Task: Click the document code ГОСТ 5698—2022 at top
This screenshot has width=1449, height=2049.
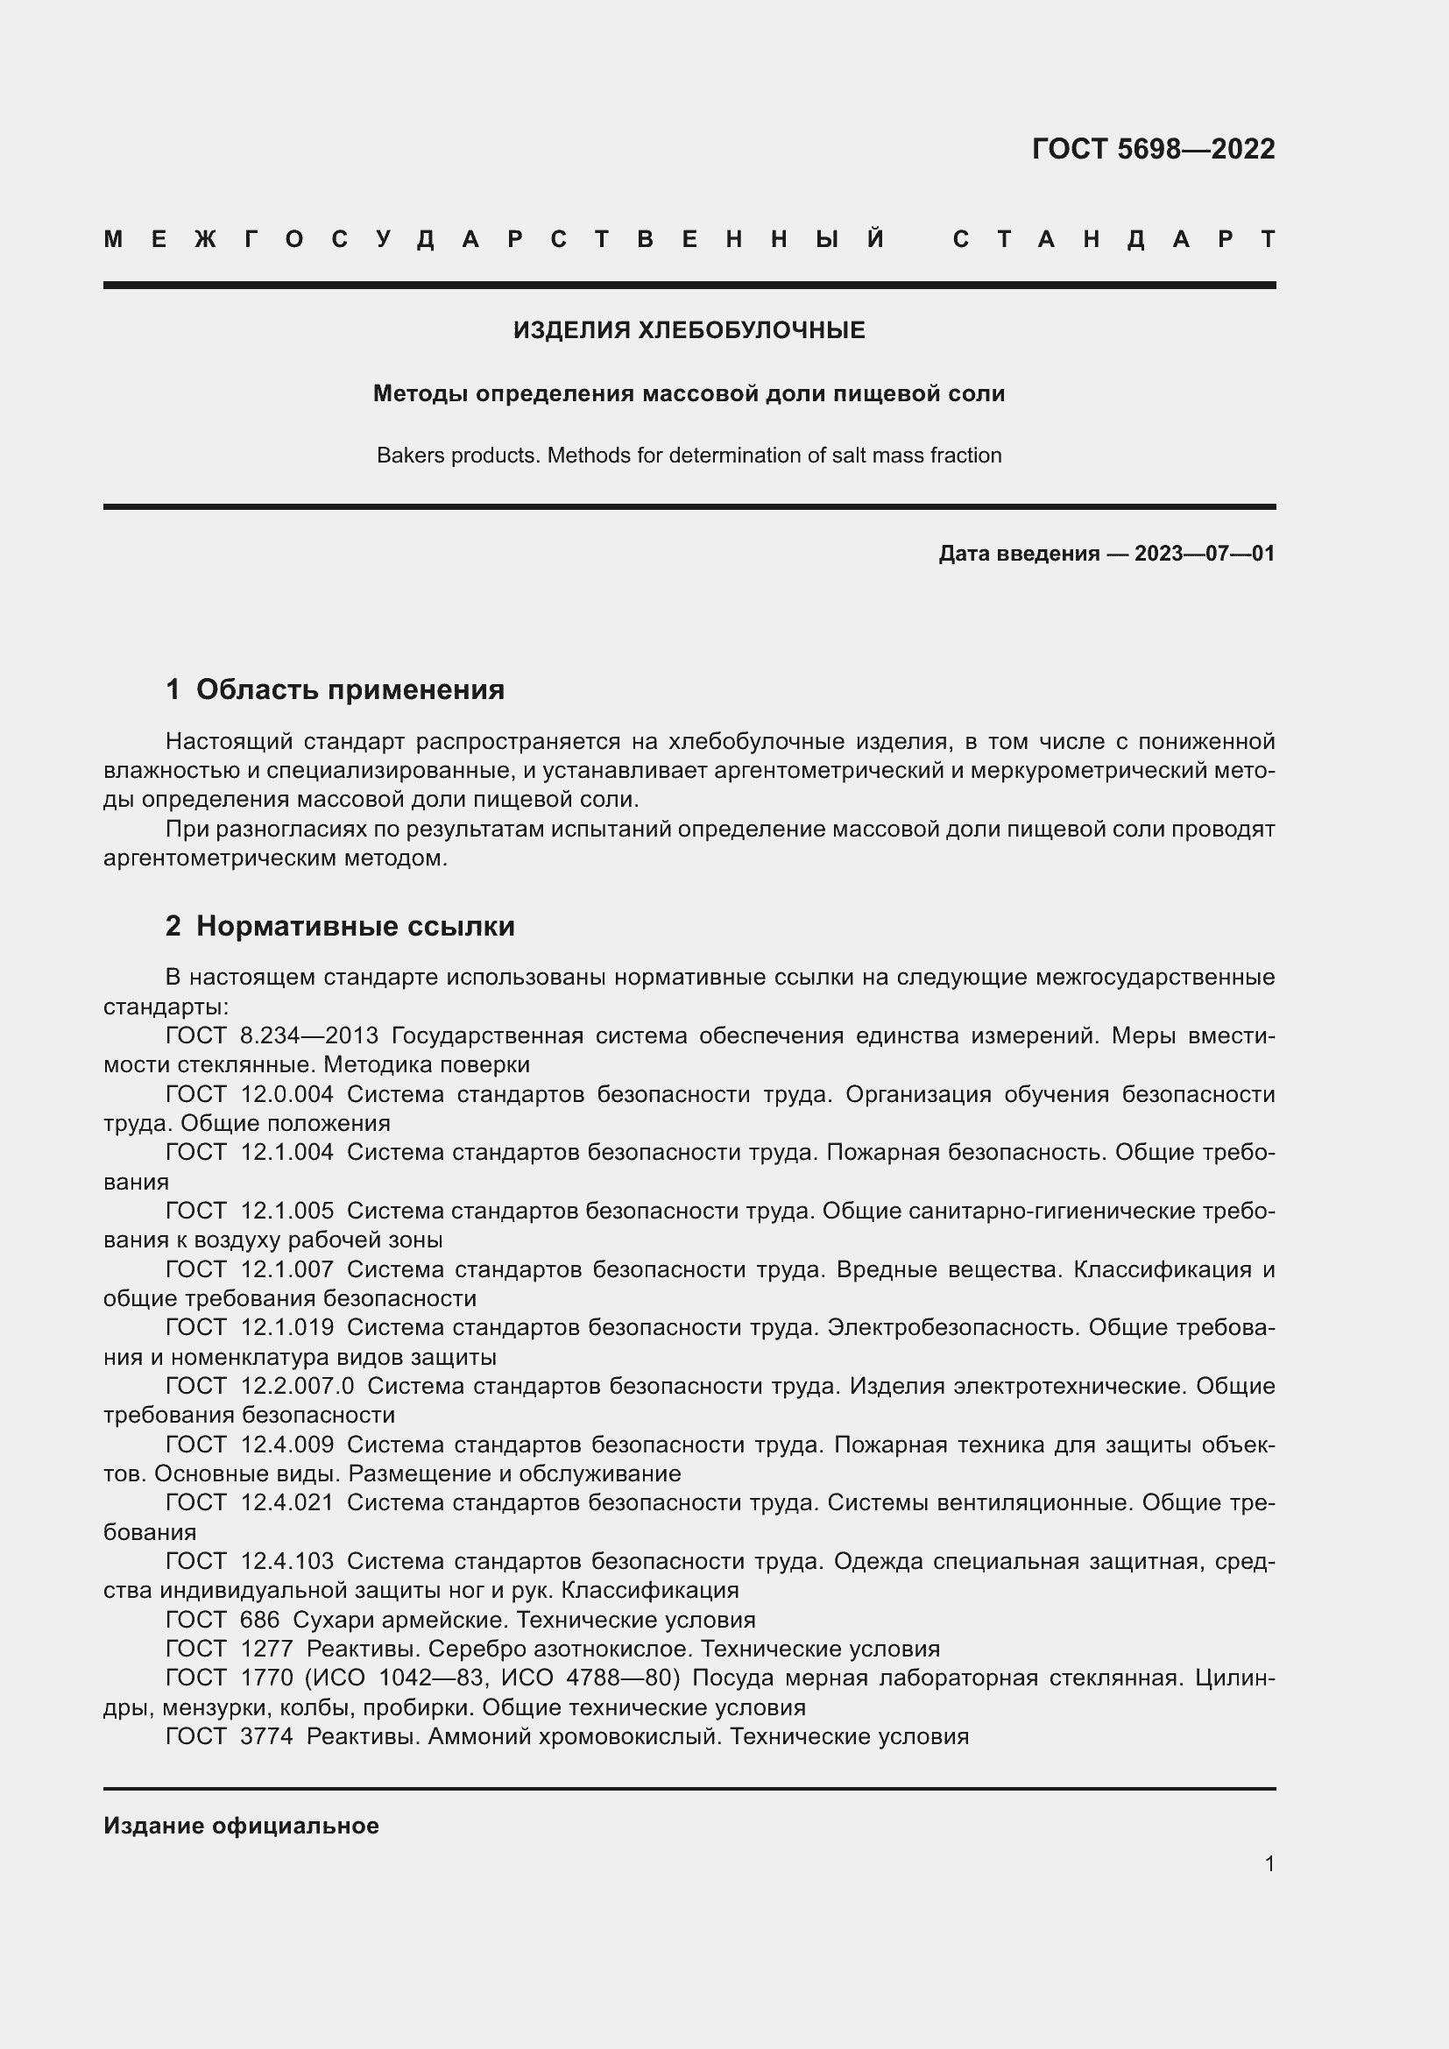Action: [1153, 148]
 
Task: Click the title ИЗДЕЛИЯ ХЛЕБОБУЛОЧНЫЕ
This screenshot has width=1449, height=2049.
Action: [689, 330]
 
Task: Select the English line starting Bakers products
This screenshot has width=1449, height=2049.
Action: [689, 456]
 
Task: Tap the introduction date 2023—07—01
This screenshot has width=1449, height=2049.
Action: [1205, 554]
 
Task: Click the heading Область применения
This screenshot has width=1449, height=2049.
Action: [350, 689]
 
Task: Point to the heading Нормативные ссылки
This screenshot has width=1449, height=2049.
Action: [355, 925]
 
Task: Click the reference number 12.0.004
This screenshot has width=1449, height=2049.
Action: [287, 1094]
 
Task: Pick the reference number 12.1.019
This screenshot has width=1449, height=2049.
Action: [287, 1327]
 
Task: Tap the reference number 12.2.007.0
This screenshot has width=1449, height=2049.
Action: [297, 1386]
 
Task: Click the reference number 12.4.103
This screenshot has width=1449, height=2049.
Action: [287, 1561]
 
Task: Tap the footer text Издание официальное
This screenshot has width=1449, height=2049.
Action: [241, 1826]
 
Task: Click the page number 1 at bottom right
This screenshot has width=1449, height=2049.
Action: [1269, 1863]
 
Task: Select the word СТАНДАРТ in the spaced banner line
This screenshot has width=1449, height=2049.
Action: [1114, 239]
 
